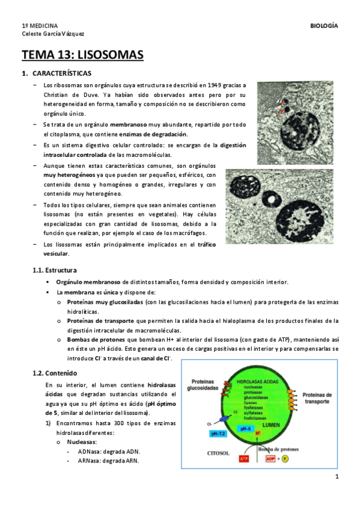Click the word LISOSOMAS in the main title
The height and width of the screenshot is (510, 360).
pyautogui.click(x=111, y=56)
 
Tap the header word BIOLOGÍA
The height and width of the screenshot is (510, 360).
pyautogui.click(x=323, y=26)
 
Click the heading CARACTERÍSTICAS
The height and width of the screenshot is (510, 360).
pyautogui.click(x=62, y=73)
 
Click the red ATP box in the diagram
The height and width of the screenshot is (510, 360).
pyautogui.click(x=243, y=459)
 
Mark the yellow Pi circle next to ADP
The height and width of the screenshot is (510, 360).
pyautogui.click(x=293, y=459)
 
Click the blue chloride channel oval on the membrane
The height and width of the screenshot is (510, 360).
pyautogui.click(x=225, y=417)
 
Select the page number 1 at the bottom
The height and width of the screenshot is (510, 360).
pyautogui.click(x=338, y=477)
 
